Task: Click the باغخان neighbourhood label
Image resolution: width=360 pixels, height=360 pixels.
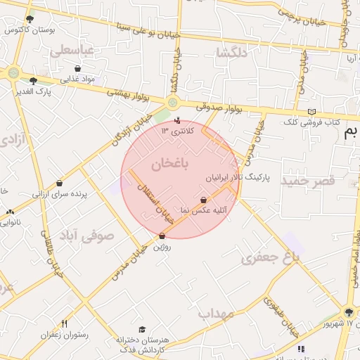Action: [170, 164]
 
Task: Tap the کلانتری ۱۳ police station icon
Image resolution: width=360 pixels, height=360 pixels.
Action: [176, 120]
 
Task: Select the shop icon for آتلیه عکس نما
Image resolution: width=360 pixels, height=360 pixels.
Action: [204, 200]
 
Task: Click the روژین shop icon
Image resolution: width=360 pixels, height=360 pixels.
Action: [162, 236]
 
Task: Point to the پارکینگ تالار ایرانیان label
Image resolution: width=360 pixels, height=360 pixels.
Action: [238, 179]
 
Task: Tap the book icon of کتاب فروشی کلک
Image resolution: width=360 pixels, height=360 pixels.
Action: [312, 112]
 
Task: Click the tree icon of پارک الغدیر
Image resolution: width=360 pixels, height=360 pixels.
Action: [33, 82]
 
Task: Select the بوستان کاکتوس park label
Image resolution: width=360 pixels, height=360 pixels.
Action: [30, 30]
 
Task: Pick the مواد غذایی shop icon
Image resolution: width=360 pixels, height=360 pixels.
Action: [77, 69]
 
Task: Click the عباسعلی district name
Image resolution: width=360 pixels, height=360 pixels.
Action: [72, 51]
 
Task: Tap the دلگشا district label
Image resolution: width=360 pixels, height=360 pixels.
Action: [233, 53]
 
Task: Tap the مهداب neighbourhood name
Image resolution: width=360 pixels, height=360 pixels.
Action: [215, 314]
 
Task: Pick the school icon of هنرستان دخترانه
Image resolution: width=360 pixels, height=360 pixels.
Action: [142, 329]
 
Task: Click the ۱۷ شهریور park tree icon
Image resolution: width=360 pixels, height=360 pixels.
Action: [349, 312]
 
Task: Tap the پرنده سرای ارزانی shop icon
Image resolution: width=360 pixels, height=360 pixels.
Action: [59, 183]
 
